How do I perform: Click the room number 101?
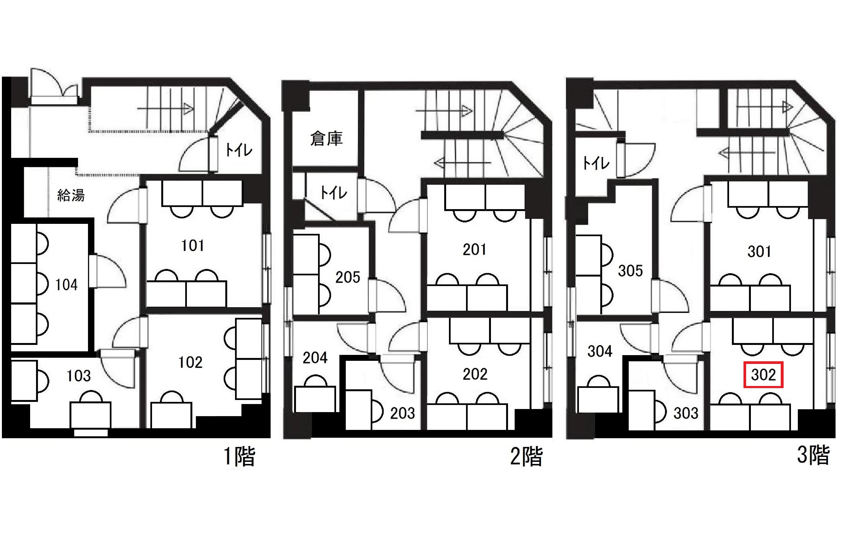[193, 245]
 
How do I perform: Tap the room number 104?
[66, 285]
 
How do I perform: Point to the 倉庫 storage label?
[326, 139]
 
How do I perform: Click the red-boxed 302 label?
[763, 375]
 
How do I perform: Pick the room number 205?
[347, 277]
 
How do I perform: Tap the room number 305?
[630, 271]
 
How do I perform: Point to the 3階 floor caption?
[813, 455]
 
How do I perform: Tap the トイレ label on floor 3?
[596, 163]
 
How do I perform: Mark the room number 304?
[600, 351]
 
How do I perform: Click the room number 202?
[475, 374]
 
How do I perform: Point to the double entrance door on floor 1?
[54, 86]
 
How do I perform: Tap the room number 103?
[79, 376]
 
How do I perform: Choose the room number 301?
[759, 252]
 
